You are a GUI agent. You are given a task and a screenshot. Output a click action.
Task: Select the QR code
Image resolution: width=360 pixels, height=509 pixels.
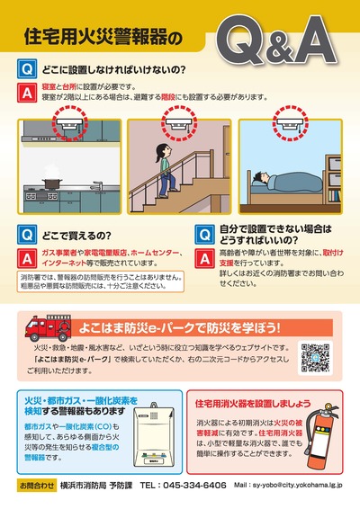[316, 357]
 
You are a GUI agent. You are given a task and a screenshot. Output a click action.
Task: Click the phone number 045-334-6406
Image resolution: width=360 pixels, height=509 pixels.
[183, 484]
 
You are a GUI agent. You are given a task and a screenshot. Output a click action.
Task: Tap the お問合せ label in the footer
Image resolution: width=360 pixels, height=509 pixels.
[35, 484]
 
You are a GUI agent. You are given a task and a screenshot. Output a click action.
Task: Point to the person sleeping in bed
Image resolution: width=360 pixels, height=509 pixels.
[292, 180]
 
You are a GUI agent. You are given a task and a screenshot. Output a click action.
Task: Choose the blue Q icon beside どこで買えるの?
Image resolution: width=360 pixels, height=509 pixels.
[27, 230]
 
